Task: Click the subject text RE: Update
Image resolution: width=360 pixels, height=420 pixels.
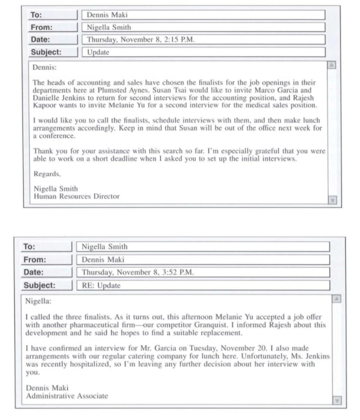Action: click(x=101, y=285)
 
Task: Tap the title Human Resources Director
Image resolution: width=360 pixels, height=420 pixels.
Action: click(x=76, y=196)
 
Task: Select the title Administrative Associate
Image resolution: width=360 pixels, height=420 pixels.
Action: click(x=67, y=396)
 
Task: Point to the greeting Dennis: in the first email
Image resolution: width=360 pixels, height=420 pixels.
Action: click(x=44, y=67)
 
